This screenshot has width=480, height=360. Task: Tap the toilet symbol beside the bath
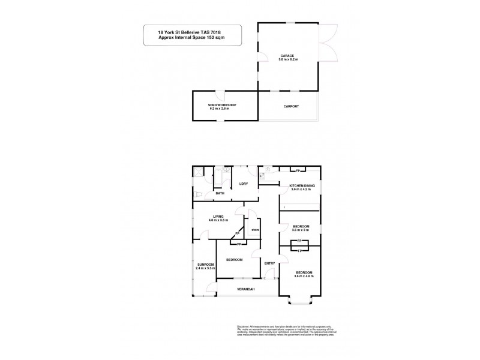pos(198,194)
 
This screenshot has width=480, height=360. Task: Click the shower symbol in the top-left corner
pos(198,172)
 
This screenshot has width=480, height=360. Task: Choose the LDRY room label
pos(244,184)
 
